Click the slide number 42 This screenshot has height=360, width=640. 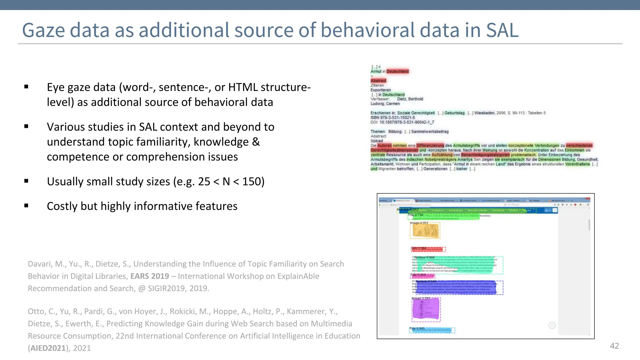614,346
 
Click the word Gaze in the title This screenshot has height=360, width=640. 43,30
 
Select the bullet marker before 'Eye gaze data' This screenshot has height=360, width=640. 26,87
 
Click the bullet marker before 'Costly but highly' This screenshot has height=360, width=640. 26,206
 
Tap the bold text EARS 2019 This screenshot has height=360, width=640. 149,276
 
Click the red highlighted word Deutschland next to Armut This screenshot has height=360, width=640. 397,72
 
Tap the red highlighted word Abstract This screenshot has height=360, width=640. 378,81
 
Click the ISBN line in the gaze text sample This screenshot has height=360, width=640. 393,118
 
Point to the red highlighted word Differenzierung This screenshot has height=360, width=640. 430,146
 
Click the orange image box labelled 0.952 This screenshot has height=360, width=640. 425,231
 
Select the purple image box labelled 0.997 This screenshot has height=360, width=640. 426,309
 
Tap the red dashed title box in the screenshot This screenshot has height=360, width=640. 428,249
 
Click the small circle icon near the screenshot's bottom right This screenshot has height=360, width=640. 552,326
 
